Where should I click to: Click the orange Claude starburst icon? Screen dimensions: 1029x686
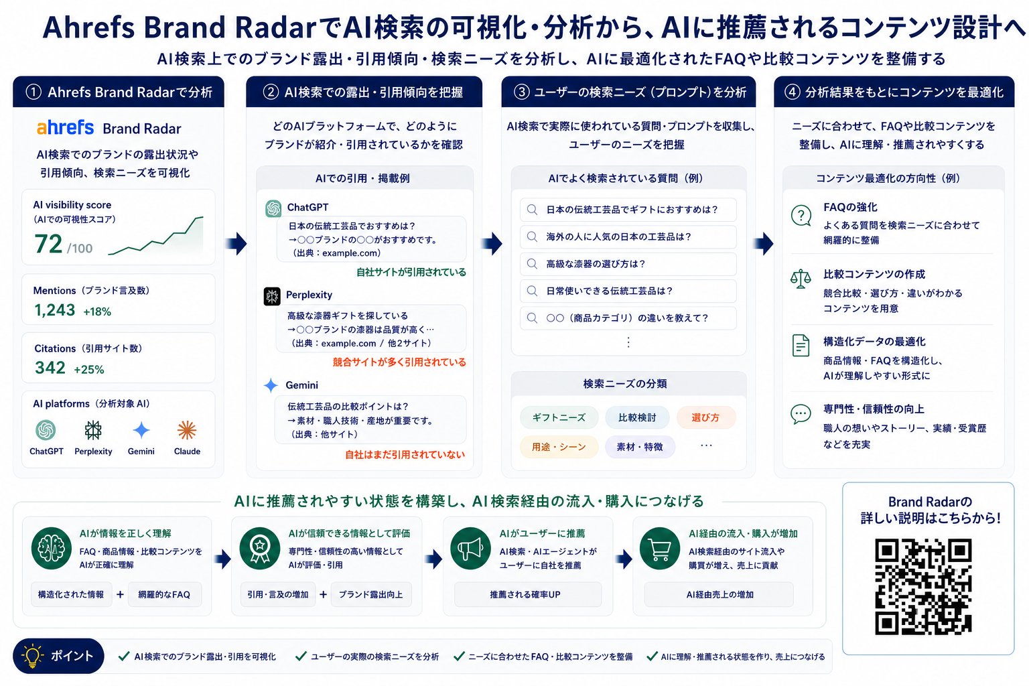(x=187, y=431)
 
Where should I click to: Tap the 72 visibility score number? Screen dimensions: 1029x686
(x=48, y=244)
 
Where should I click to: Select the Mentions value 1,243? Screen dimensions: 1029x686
(x=55, y=310)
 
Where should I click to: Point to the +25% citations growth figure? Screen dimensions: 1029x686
(x=89, y=369)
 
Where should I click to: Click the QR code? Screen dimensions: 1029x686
(x=923, y=586)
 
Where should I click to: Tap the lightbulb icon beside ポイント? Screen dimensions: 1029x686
(x=32, y=656)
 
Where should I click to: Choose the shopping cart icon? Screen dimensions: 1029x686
(x=660, y=548)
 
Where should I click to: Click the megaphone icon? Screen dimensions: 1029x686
(x=470, y=548)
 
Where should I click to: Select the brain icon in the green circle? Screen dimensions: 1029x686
(x=52, y=548)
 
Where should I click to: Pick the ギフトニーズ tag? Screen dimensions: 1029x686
(x=559, y=417)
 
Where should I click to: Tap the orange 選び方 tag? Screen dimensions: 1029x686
(x=705, y=417)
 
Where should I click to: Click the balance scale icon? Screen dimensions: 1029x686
(x=801, y=279)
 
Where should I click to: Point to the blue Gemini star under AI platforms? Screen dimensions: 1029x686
(x=141, y=431)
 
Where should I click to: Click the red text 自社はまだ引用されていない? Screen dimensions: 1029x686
(x=405, y=454)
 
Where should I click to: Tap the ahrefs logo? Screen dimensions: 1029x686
(x=65, y=128)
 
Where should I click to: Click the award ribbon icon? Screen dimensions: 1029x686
(x=260, y=548)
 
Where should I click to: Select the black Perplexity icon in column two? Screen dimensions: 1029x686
(x=272, y=296)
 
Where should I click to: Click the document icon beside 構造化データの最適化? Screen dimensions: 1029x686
(x=801, y=346)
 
